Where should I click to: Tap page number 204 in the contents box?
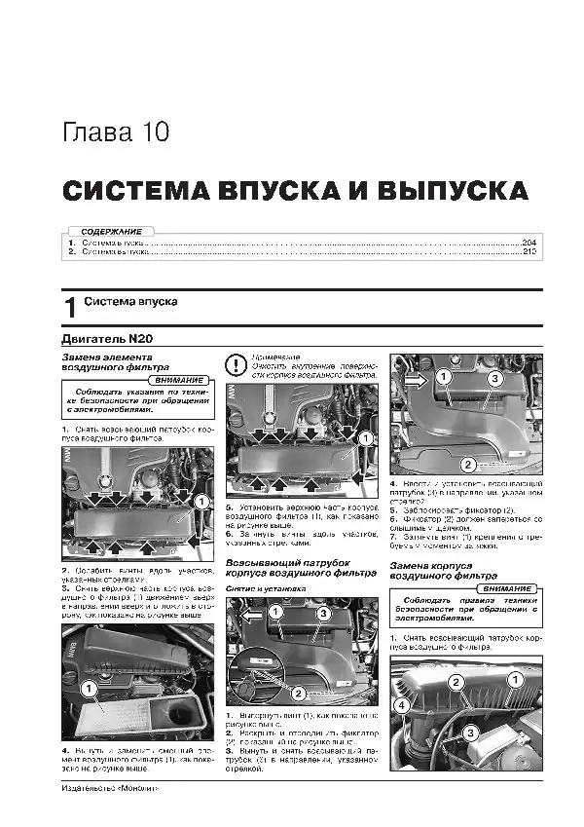click(x=529, y=242)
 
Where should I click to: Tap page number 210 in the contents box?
click(x=529, y=251)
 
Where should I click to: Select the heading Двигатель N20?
click(x=106, y=340)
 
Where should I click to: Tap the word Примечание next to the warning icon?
click(x=277, y=357)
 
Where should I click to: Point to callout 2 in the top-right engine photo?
click(x=467, y=465)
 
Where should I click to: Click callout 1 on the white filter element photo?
click(x=87, y=690)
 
